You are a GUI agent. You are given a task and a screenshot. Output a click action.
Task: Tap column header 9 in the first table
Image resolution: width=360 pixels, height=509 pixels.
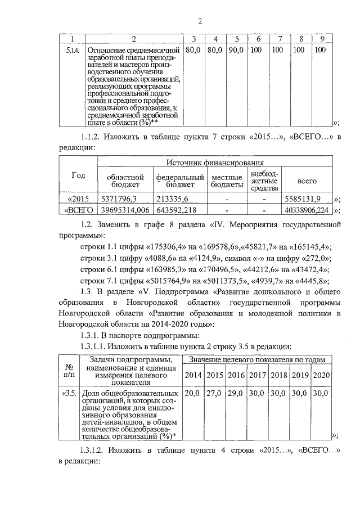(322, 39)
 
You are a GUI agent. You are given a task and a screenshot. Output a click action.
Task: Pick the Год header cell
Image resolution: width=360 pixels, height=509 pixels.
(78, 175)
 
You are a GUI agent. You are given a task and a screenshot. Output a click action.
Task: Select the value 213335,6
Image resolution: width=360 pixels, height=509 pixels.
(172, 199)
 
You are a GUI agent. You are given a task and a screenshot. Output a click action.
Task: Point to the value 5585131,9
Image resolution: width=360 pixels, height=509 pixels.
(303, 199)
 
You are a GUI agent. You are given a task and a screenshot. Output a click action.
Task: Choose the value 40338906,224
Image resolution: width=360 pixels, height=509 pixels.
(307, 210)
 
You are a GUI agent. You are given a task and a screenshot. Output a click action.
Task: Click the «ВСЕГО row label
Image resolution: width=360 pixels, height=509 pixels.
(79, 210)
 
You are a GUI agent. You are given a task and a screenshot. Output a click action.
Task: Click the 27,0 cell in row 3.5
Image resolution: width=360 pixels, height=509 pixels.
(214, 394)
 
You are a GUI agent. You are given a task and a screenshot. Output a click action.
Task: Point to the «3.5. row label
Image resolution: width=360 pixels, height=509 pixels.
(70, 394)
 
